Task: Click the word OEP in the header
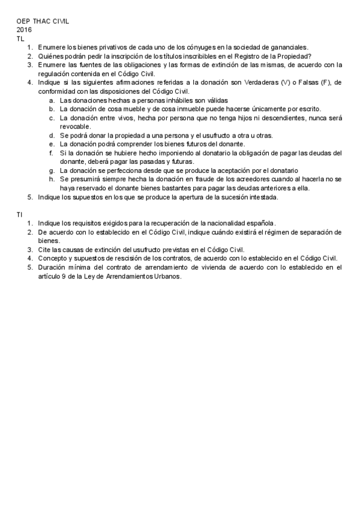point(23,21)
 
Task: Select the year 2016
point(24,29)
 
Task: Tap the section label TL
point(20,38)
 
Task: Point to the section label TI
point(20,214)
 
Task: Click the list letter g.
point(52,170)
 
